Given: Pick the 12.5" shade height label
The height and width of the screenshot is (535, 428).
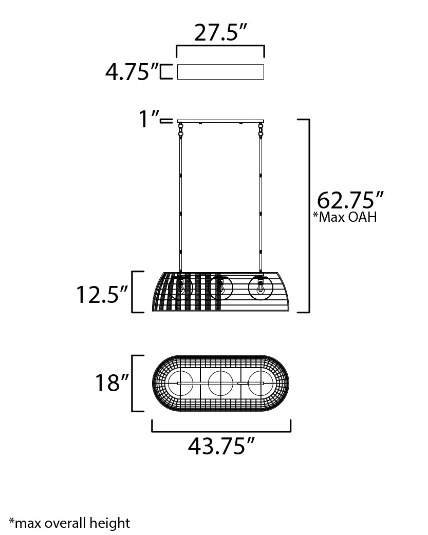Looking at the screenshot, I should coord(101,294).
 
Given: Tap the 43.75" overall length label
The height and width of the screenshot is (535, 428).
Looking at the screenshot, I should coord(221,446).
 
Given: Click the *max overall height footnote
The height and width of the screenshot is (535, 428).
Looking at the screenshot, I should coord(69,523).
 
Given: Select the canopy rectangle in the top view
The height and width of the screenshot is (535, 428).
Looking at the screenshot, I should coord(220,72).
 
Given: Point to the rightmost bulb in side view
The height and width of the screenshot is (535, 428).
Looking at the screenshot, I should coord(260,288).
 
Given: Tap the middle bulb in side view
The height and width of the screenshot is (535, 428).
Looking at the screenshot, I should coord(221,288).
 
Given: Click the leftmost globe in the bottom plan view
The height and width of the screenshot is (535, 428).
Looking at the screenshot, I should coord(180,384).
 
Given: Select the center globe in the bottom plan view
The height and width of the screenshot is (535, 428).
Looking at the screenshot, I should coord(221,384).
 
